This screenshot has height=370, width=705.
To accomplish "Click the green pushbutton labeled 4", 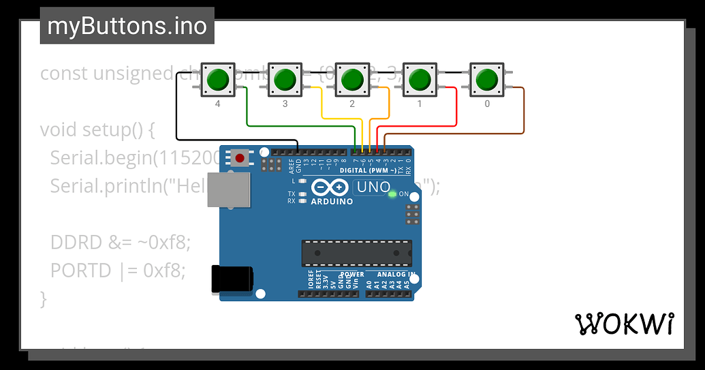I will [x=217, y=80].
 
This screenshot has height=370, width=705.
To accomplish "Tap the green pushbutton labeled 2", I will [x=352, y=80].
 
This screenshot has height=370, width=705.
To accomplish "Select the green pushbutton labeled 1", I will [x=420, y=80].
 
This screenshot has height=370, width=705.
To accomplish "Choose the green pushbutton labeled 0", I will [x=487, y=80].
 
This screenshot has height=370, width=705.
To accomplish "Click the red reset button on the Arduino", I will [x=239, y=158].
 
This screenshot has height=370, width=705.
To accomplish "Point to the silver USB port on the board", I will [x=229, y=189].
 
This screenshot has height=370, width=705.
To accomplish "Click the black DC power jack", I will [x=232, y=280].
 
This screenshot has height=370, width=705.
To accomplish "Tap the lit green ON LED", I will [x=392, y=194].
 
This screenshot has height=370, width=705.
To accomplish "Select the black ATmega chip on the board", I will [x=357, y=253].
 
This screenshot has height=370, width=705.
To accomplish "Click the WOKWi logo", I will [x=625, y=324].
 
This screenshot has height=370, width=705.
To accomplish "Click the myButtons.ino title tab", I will [x=127, y=26].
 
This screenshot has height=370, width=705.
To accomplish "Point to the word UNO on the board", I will [x=375, y=187].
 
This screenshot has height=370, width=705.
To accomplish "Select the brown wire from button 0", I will [x=524, y=112].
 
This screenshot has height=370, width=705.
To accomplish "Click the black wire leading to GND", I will [x=176, y=116].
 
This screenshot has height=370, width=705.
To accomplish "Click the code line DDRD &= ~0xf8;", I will [x=121, y=242].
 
